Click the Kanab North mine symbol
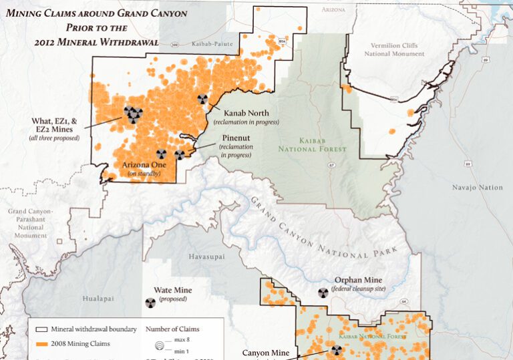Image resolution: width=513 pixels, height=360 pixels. click(x=202, y=99)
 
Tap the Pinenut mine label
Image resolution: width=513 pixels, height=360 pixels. click(x=236, y=140)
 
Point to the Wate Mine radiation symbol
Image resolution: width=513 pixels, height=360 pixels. click(x=150, y=303)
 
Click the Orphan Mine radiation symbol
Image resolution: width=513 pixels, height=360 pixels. click(x=322, y=293)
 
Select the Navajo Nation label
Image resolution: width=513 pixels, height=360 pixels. click(x=477, y=188)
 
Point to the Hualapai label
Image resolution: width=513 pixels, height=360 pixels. click(x=96, y=299)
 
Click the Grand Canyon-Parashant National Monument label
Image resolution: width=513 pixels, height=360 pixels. click(x=30, y=223)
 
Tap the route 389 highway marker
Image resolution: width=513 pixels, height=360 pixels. click(x=174, y=44)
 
